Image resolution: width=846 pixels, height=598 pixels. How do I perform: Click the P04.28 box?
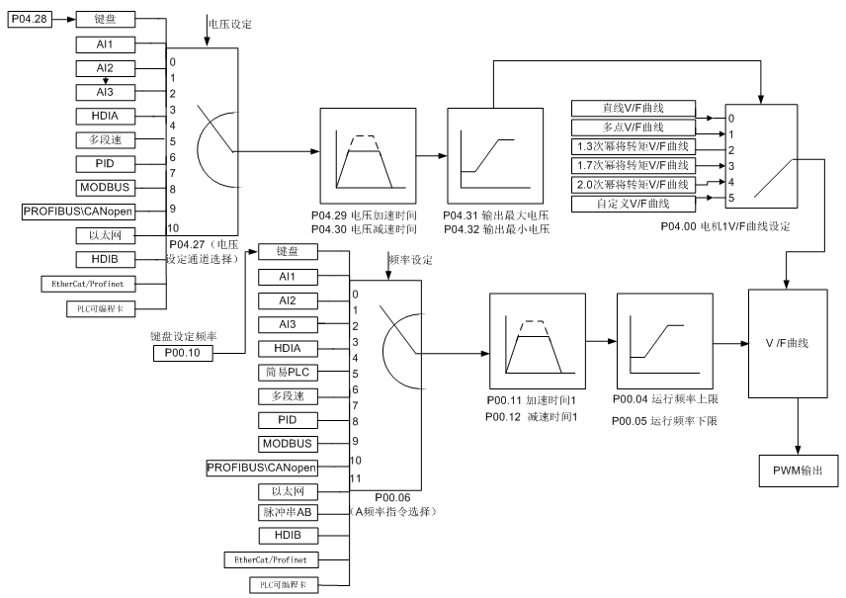click(x=29, y=18)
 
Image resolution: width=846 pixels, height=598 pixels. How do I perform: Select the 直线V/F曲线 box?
click(x=635, y=109)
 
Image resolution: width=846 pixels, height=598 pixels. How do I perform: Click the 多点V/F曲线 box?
click(x=635, y=128)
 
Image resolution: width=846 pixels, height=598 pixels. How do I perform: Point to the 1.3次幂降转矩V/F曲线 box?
click(x=635, y=147)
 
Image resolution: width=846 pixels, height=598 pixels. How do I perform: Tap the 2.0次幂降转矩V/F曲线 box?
click(x=635, y=184)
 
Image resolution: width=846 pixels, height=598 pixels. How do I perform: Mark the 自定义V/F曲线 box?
click(x=635, y=203)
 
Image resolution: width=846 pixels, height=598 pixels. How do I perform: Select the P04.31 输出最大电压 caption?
click(x=495, y=215)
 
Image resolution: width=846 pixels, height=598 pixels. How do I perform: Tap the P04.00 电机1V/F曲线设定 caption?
click(x=724, y=226)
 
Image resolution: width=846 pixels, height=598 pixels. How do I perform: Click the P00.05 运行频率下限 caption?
click(x=664, y=420)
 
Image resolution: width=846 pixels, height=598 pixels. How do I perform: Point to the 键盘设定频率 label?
click(x=184, y=336)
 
